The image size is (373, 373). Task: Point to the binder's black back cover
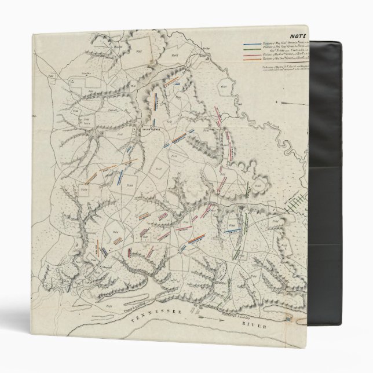coord(342,174)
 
